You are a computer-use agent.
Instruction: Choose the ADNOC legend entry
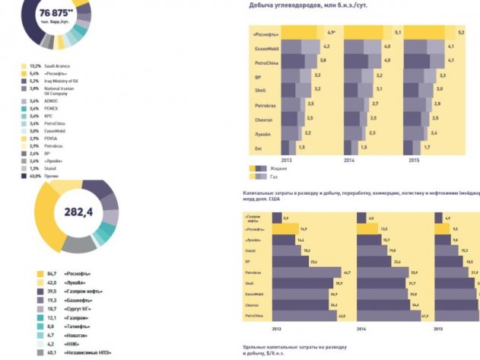(52, 100)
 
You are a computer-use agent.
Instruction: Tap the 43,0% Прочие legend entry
(52, 176)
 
